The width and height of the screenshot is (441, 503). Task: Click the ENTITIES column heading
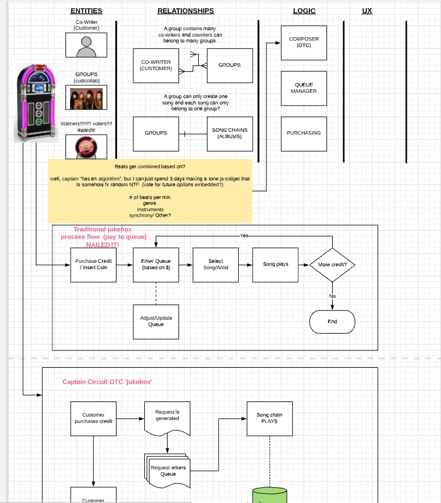[x=86, y=10]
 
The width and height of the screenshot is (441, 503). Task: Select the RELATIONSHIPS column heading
[x=185, y=10]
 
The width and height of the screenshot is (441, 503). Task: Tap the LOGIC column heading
[x=304, y=10]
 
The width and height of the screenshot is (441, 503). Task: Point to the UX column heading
[x=367, y=10]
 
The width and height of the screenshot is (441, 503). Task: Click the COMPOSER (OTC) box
[x=304, y=42]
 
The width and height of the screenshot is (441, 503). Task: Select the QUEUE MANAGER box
[x=304, y=88]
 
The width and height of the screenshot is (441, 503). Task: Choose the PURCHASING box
[x=304, y=133]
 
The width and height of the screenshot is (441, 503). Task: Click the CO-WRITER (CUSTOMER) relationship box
[x=156, y=65]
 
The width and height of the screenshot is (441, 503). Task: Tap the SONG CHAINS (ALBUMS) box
[x=229, y=133]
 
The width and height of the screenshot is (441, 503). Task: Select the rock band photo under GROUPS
[x=86, y=97]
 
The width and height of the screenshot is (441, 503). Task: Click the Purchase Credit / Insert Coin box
[x=93, y=265]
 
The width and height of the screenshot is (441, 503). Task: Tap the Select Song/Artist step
[x=216, y=265]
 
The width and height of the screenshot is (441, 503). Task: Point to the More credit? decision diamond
[x=332, y=265]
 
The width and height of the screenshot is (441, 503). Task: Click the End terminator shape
[x=332, y=321]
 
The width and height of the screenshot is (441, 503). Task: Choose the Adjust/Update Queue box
[x=156, y=321]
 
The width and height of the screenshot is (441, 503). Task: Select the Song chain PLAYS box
[x=269, y=418]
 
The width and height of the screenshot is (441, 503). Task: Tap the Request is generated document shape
[x=167, y=417]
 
